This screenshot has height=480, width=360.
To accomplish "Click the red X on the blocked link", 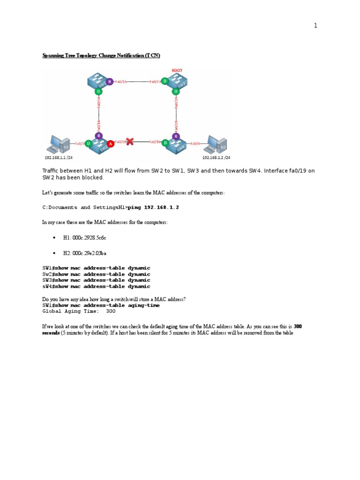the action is click(x=130, y=141).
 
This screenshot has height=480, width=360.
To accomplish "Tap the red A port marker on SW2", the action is click(x=110, y=143).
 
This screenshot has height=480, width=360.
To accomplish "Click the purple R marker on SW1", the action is click(x=109, y=81).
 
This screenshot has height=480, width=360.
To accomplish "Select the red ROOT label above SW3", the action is click(x=177, y=70).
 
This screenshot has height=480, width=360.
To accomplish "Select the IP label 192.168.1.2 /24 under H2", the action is click(x=216, y=158).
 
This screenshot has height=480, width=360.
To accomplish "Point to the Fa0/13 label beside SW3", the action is click(x=155, y=82).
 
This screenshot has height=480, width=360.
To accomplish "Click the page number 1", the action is click(x=315, y=26).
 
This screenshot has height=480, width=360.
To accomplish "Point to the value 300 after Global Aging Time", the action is click(x=111, y=311).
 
